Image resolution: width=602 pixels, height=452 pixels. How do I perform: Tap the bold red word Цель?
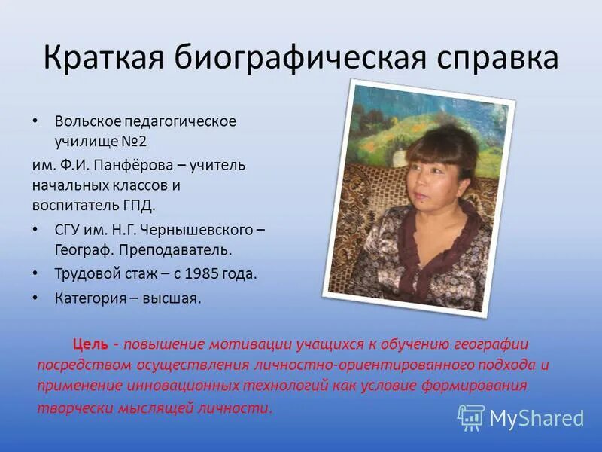[90, 344]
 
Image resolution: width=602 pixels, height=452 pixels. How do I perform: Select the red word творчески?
[68, 408]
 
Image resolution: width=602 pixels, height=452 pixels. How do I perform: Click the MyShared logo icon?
[471, 417]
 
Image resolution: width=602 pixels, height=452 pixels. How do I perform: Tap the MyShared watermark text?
[537, 418]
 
